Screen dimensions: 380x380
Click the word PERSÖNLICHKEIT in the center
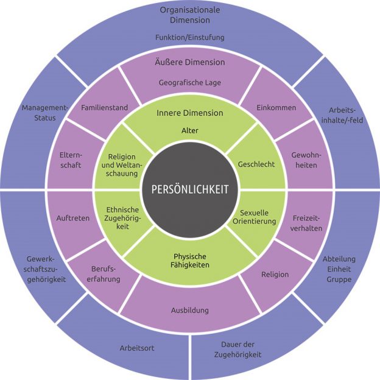click(190, 189)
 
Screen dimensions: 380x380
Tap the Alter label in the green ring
click(190, 130)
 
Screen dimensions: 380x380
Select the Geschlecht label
click(256, 164)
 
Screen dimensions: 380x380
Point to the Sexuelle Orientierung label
click(255, 217)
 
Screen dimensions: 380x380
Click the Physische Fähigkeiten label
click(190, 261)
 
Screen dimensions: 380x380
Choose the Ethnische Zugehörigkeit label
click(122, 218)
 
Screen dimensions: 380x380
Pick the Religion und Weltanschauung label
click(122, 165)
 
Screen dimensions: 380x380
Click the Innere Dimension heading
click(190, 113)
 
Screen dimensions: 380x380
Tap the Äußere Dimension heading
click(190, 62)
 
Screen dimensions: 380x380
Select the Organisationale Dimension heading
click(190, 15)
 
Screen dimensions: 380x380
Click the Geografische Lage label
click(190, 83)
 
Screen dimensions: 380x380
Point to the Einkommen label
click(276, 108)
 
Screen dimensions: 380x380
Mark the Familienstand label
click(105, 108)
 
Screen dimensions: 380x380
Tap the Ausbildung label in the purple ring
click(190, 311)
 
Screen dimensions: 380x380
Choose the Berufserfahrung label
click(104, 274)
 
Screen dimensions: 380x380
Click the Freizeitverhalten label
click(306, 223)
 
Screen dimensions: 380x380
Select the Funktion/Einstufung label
click(190, 37)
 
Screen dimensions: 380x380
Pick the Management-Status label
click(45, 113)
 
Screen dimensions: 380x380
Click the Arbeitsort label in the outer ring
click(137, 348)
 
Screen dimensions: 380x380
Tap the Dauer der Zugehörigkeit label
click(237, 350)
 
